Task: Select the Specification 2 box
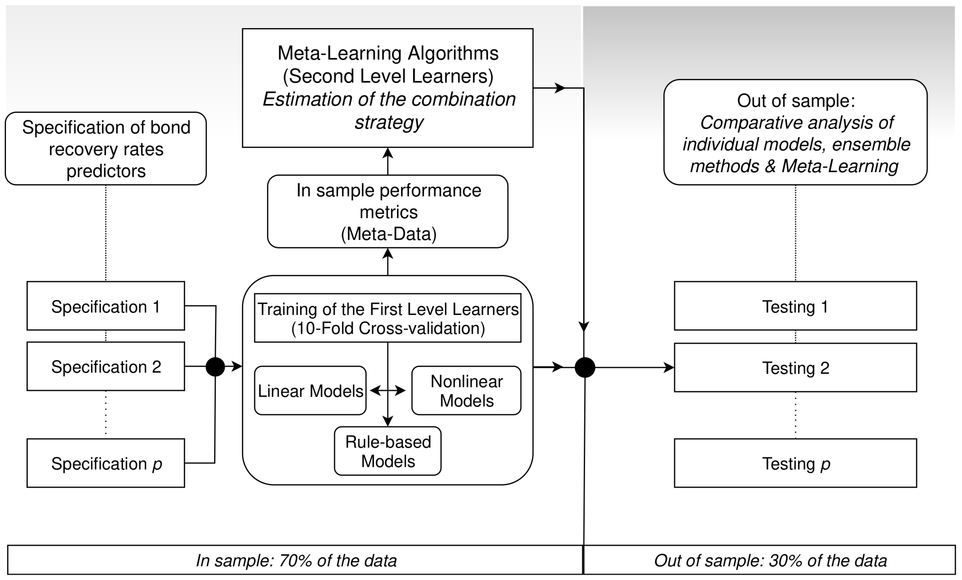click(x=106, y=366)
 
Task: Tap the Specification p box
click(x=106, y=463)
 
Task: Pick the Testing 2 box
click(x=795, y=367)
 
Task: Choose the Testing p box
click(x=795, y=463)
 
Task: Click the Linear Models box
click(x=310, y=390)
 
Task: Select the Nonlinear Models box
click(x=466, y=390)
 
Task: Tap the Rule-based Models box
click(x=388, y=451)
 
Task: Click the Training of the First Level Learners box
click(x=388, y=318)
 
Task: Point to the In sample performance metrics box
click(x=388, y=211)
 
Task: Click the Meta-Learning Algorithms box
click(x=388, y=88)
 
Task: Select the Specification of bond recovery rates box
click(x=106, y=148)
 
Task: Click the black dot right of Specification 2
click(x=215, y=366)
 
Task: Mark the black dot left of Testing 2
click(x=585, y=367)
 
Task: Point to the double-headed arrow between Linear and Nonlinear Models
click(x=388, y=390)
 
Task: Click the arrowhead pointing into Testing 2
click(x=669, y=367)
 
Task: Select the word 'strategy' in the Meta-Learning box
click(x=389, y=122)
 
